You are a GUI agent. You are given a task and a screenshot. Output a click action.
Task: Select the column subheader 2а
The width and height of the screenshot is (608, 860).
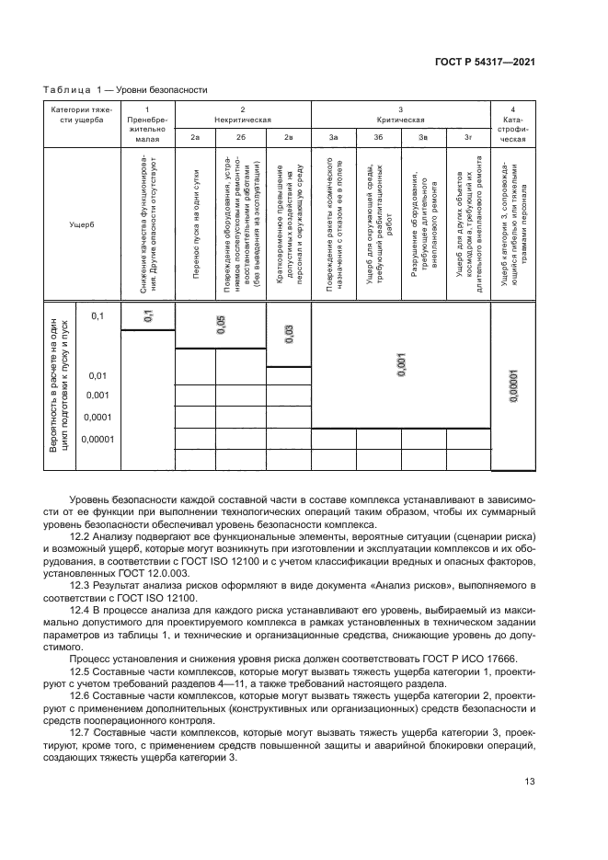click(x=195, y=137)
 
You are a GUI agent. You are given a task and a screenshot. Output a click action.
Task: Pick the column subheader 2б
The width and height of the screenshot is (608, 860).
click(x=240, y=137)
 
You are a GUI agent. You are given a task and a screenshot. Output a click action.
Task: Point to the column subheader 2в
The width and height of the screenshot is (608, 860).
click(x=288, y=137)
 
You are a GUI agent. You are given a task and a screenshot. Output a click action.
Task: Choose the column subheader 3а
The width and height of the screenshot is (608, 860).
click(x=334, y=137)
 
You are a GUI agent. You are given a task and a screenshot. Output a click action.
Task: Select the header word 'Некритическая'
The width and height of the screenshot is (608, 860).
click(x=242, y=120)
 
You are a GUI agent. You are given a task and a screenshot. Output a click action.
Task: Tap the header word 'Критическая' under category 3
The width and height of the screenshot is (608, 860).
click(x=400, y=120)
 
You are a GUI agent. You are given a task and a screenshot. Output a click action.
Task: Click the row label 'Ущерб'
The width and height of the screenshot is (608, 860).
click(x=81, y=224)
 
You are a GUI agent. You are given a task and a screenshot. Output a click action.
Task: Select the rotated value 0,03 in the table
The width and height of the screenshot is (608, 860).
click(x=288, y=334)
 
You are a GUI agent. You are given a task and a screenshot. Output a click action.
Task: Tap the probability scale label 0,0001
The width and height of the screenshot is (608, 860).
click(x=98, y=417)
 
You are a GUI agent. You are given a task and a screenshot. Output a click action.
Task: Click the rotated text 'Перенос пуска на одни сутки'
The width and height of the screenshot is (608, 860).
click(x=195, y=224)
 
